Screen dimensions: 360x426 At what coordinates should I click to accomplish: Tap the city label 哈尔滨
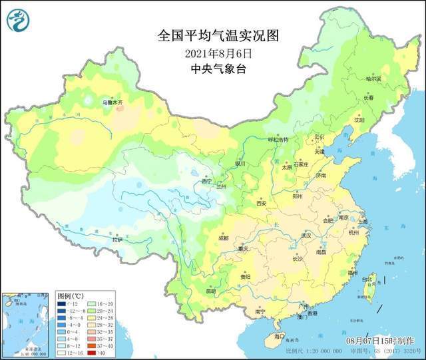[x=375, y=79]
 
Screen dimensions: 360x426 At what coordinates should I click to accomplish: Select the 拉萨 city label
[x=117, y=240]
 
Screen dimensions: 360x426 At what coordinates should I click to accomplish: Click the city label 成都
[x=222, y=238]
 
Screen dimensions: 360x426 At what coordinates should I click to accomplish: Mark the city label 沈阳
[x=360, y=120]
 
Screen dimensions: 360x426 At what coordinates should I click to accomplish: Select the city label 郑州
[x=298, y=196]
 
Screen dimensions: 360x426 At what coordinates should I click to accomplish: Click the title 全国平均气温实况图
[x=208, y=35]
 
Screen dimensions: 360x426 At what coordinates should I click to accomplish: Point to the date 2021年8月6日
[x=208, y=53]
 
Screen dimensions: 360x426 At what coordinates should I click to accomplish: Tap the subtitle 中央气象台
[x=208, y=69]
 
